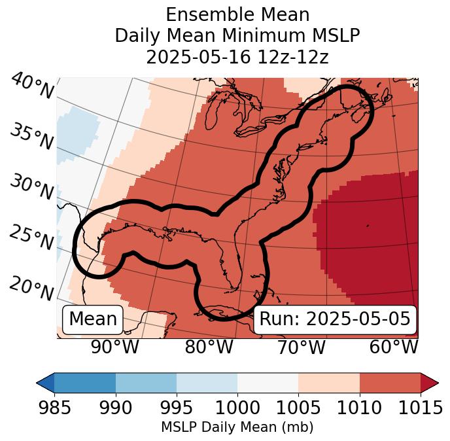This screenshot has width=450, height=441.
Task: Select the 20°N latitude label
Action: pyautogui.click(x=31, y=288)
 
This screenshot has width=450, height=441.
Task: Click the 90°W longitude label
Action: pyautogui.click(x=114, y=347)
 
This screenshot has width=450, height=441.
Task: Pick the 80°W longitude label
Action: pyautogui.click(x=209, y=347)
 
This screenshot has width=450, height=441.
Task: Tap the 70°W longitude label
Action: pyautogui.click(x=301, y=347)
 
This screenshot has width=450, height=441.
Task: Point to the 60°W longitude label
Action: pyautogui.click(x=393, y=347)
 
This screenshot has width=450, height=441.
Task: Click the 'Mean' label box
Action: pyautogui.click(x=93, y=319)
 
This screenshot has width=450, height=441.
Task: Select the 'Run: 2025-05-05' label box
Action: pyautogui.click(x=335, y=319)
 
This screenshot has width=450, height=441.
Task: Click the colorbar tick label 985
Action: pyautogui.click(x=54, y=408)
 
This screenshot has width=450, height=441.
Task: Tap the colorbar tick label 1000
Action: pyautogui.click(x=237, y=408)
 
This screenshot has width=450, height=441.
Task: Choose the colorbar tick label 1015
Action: pyautogui.click(x=421, y=408)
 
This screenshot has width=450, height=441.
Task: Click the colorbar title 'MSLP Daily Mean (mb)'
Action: pyautogui.click(x=237, y=427)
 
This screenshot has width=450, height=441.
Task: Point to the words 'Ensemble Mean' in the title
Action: pyautogui.click(x=237, y=14)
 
